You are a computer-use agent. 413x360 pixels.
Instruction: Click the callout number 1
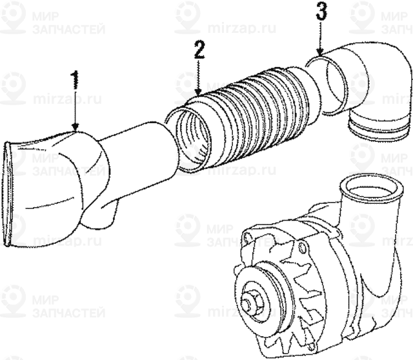[76, 81]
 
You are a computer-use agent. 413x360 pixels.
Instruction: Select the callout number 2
[200, 50]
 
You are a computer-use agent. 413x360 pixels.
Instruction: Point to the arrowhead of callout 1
[76, 128]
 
